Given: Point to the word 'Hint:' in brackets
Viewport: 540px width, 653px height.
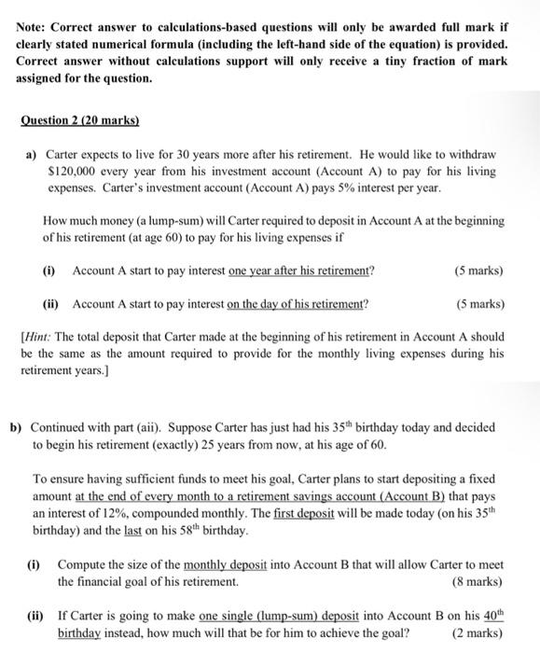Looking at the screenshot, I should coord(45,335).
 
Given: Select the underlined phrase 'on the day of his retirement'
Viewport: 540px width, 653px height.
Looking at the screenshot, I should coord(297,304).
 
